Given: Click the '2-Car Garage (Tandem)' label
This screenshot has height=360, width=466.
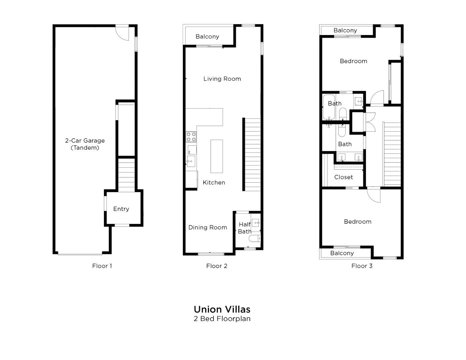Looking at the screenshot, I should pyautogui.click(x=85, y=144).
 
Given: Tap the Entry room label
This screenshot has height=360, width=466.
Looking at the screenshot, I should pyautogui.click(x=121, y=209).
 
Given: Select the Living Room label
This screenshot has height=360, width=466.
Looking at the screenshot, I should pyautogui.click(x=222, y=79).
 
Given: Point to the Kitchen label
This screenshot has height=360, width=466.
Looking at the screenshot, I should pyautogui.click(x=214, y=182).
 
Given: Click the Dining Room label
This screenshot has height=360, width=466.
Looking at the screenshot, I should pyautogui.click(x=207, y=227).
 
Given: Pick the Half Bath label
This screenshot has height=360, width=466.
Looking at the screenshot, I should pyautogui.click(x=245, y=228).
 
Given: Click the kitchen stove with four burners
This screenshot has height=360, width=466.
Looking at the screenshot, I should pyautogui.click(x=191, y=137).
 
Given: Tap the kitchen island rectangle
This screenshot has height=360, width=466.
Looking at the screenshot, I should pyautogui.click(x=217, y=156).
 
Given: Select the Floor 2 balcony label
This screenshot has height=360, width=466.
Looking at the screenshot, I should pyautogui.click(x=207, y=37).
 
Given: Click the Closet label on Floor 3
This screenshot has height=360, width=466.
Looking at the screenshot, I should pyautogui.click(x=343, y=177).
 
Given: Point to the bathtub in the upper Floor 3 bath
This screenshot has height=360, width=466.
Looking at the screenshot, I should pyautogui.click(x=329, y=107).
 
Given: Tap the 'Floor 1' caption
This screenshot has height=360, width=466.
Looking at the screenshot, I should pyautogui.click(x=102, y=266).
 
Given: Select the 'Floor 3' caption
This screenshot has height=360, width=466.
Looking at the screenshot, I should pyautogui.click(x=362, y=266).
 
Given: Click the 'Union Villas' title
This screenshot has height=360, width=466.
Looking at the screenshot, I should pyautogui.click(x=222, y=309).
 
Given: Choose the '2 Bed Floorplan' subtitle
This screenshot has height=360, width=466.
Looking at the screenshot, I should pyautogui.click(x=222, y=319).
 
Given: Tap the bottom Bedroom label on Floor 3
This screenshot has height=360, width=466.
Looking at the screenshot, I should pyautogui.click(x=357, y=222).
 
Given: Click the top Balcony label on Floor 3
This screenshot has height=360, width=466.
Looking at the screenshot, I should pyautogui.click(x=345, y=30).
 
